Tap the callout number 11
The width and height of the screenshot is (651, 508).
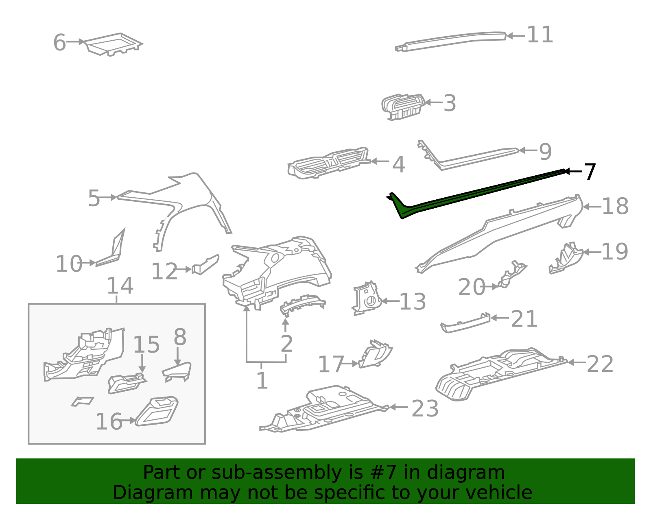[540, 35]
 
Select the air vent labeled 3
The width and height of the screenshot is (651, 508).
[403, 107]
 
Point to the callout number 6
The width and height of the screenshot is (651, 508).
[59, 43]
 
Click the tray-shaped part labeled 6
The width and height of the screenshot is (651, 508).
[114, 44]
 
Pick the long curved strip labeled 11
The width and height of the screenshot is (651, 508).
[452, 40]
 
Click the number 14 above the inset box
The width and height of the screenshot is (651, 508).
[120, 286]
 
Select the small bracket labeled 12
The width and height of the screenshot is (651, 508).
[206, 265]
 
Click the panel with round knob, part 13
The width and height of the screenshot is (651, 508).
[367, 299]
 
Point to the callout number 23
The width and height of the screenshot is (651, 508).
[425, 408]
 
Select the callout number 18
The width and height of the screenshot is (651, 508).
[615, 206]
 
